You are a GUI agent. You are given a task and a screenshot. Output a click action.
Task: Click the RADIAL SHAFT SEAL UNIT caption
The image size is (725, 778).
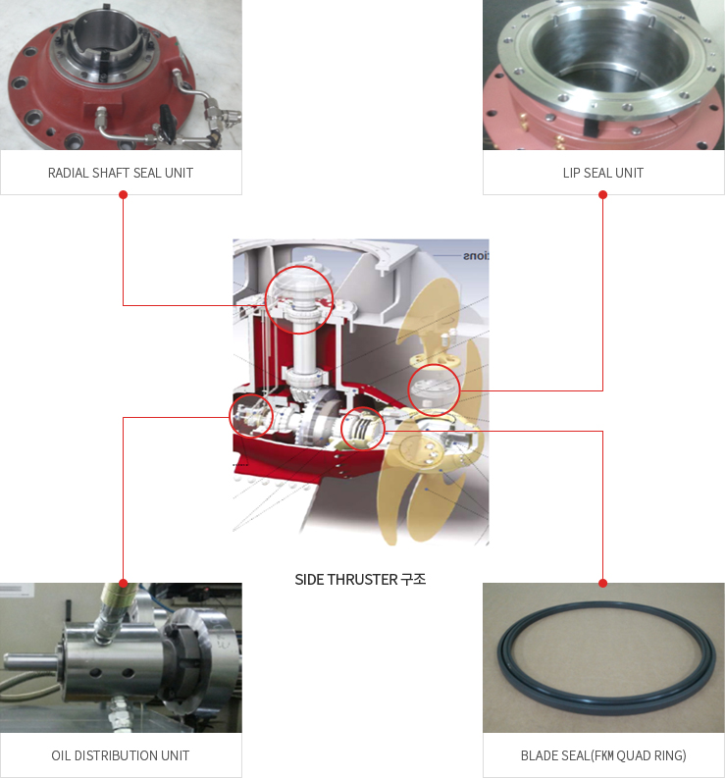121,173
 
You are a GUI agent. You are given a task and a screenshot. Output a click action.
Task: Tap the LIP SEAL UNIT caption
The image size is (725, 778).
603,173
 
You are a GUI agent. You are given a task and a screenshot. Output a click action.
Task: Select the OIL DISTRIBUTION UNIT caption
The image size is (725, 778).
121,755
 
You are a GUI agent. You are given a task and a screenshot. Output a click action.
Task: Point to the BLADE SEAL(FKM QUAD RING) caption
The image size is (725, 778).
603,755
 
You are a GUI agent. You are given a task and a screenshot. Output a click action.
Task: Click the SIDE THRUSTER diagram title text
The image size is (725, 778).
360,580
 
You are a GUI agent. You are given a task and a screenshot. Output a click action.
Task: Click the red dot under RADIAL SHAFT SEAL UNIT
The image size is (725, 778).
123,195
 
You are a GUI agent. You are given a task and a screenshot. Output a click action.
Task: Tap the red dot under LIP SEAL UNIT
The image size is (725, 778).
603,195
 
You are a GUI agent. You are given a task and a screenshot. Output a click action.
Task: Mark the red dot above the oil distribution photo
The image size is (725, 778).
123,583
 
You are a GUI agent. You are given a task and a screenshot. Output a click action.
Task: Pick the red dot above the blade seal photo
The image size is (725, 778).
603,583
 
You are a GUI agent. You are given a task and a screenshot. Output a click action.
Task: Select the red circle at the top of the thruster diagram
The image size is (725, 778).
299,267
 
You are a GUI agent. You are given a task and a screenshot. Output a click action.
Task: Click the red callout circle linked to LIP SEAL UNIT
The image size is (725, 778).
435,365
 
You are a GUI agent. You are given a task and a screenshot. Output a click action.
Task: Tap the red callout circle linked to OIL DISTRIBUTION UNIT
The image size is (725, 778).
251,395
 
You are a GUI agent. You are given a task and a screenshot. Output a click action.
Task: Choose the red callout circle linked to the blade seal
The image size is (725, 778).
363,408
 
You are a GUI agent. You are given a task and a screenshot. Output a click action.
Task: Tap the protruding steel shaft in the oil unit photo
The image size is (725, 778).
30,661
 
